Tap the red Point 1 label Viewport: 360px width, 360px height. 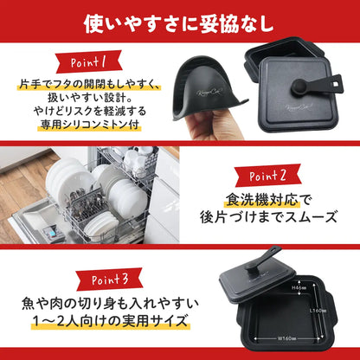click(x=84, y=62)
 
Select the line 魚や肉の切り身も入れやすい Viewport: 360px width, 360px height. click(x=108, y=304)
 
